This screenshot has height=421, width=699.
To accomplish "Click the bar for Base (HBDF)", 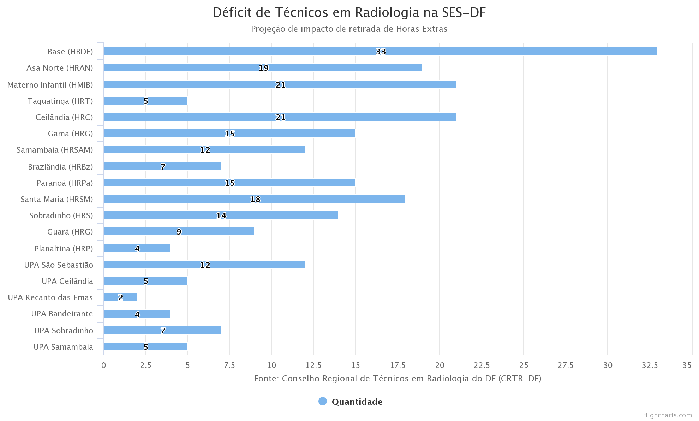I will [x=380, y=51].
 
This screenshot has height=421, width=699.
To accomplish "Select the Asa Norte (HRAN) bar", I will [x=263, y=67].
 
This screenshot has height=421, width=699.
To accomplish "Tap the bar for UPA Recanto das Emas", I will [x=120, y=297].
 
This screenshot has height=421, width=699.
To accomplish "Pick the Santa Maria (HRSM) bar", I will [x=254, y=199].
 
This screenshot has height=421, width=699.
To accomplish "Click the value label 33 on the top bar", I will [x=381, y=52].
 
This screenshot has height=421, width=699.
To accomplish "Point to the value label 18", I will [x=255, y=199].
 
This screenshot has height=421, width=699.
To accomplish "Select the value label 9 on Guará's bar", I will [x=179, y=232].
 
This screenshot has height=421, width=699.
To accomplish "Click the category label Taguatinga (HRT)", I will [x=60, y=101].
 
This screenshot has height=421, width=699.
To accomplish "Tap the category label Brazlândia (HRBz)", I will [x=60, y=166].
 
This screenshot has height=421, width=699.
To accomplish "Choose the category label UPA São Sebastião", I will [x=59, y=265].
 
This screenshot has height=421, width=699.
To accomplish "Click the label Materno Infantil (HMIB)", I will [x=50, y=85].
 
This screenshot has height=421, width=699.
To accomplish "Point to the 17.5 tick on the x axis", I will [x=398, y=365].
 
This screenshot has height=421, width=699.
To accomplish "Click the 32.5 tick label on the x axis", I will [x=650, y=365].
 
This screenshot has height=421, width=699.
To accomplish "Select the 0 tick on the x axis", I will [x=103, y=365].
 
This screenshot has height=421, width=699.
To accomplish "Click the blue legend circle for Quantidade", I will [x=322, y=402].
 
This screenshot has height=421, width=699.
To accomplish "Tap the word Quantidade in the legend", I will [x=357, y=402].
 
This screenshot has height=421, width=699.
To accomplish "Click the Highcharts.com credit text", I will [x=667, y=415].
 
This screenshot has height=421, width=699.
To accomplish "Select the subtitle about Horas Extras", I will [x=349, y=29].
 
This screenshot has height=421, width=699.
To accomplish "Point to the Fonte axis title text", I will [x=398, y=379].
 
